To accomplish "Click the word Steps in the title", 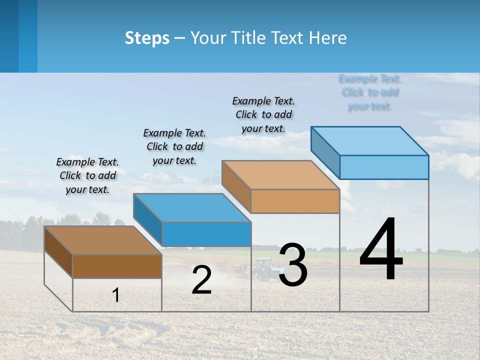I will coord(147,38).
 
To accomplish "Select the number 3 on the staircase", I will coord(293,265).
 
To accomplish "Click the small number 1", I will coord(115,295).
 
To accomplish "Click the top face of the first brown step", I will coord(102,240).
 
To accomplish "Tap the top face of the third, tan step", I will coord(280,175).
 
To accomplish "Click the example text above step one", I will coord(87,175).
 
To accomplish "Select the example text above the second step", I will coord(174,146).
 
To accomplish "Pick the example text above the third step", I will coord(263,114).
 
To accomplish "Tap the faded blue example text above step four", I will coord(369,92).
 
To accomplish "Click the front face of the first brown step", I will coord(117,266).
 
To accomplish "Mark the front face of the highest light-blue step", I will coord(384,167).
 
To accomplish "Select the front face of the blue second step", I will coord(206,234).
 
